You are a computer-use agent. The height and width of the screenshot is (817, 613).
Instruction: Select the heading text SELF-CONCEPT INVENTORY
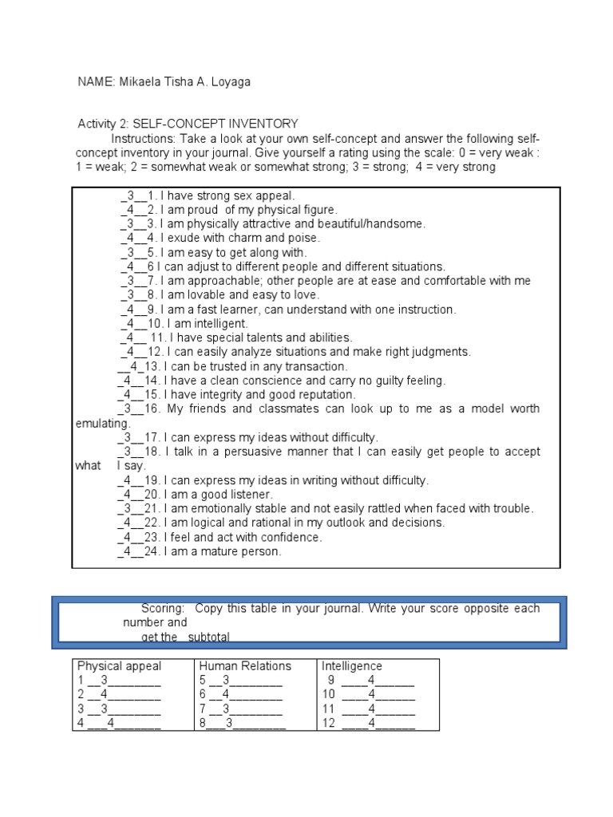tap(216, 124)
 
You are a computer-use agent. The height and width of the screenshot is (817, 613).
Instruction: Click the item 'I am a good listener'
tap(219, 495)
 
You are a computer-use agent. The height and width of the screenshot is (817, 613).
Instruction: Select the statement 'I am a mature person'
tap(223, 551)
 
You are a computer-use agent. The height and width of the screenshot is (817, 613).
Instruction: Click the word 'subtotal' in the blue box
tap(210, 637)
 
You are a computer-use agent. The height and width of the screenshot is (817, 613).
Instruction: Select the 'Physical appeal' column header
tap(119, 666)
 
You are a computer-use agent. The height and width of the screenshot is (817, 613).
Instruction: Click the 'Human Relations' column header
tap(245, 666)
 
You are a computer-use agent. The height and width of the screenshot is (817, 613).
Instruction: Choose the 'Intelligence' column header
tap(351, 666)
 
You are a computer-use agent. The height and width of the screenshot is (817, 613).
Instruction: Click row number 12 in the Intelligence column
tap(328, 724)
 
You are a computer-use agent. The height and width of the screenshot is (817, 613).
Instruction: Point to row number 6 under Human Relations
tap(204, 695)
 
